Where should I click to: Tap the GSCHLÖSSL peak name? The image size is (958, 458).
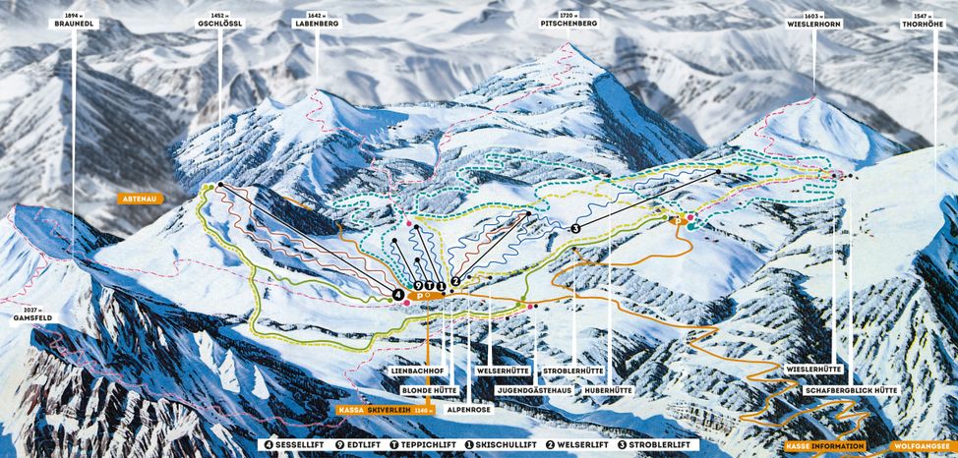pos(219,23)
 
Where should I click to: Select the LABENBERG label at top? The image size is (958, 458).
pos(317,23)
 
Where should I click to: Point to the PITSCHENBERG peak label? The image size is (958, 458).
pos(569,23)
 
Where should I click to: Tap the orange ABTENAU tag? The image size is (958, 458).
pos(139,198)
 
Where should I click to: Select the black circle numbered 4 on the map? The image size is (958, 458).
pos(397,293)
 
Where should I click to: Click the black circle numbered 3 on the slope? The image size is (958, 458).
pos(574,227)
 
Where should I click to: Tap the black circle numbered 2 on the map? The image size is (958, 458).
pos(455,281)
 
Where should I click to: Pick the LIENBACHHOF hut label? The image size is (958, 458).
pos(412,370)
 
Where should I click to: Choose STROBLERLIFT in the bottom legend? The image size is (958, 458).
pos(664,445)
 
